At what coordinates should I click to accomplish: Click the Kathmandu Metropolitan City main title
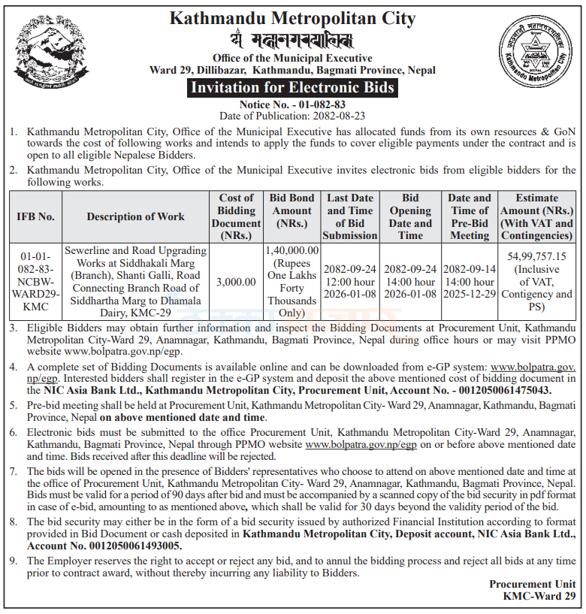point(292,18)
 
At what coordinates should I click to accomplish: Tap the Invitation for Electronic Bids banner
point(292,88)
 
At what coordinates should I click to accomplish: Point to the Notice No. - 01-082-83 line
point(292,104)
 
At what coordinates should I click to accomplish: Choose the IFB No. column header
point(35,216)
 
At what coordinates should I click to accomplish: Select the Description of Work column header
point(135,216)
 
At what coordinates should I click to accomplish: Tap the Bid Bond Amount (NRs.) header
point(292,210)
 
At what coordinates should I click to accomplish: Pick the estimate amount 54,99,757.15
point(536,256)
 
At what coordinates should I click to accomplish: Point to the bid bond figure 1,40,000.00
point(292,250)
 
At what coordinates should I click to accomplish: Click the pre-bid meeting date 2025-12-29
point(470,293)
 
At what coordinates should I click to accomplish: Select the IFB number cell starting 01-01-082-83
point(35,280)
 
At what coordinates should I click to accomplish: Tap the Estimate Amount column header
point(536,216)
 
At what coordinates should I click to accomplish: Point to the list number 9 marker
point(13,561)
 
